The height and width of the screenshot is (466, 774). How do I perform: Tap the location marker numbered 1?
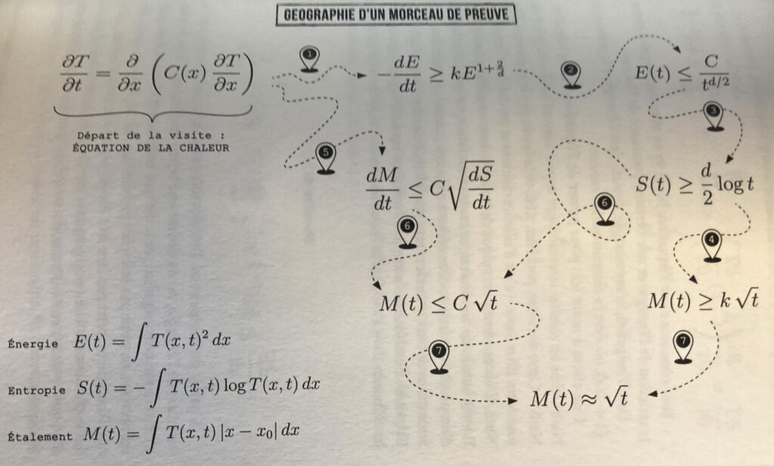click(309, 59)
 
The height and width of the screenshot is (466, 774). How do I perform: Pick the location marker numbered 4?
click(711, 245)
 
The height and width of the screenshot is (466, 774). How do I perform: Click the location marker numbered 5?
click(325, 159)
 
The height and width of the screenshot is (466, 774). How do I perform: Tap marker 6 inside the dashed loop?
click(605, 209)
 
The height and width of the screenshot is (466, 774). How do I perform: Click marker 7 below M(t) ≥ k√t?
click(683, 347)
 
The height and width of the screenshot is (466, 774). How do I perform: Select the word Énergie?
click(33, 344)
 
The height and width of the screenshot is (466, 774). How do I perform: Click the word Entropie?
click(36, 390)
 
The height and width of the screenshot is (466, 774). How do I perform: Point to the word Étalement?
click(39, 437)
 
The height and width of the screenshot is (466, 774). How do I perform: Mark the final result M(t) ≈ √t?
click(579, 397)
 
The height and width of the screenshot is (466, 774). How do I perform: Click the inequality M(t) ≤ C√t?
click(438, 301)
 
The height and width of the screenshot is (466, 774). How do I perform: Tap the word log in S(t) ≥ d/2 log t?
click(731, 184)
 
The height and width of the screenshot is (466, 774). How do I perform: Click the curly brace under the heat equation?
click(153, 113)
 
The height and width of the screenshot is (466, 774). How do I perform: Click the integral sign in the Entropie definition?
click(157, 387)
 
